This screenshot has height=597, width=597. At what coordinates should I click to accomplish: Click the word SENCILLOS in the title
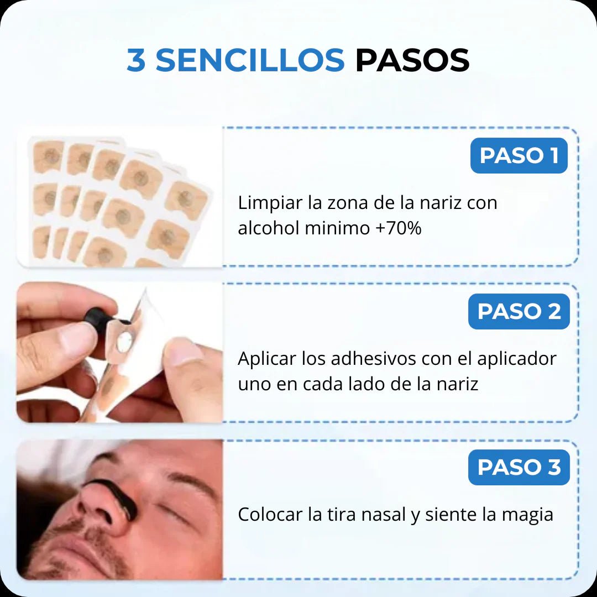coord(250,60)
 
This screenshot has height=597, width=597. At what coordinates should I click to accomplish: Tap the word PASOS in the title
coord(412,60)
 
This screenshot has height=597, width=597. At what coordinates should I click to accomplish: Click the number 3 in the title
coord(136,60)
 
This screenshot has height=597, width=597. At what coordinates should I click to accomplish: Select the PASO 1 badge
coord(519,156)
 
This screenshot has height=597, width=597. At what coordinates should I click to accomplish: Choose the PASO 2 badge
coord(519,311)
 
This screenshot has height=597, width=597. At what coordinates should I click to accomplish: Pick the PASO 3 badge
coord(519,467)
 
